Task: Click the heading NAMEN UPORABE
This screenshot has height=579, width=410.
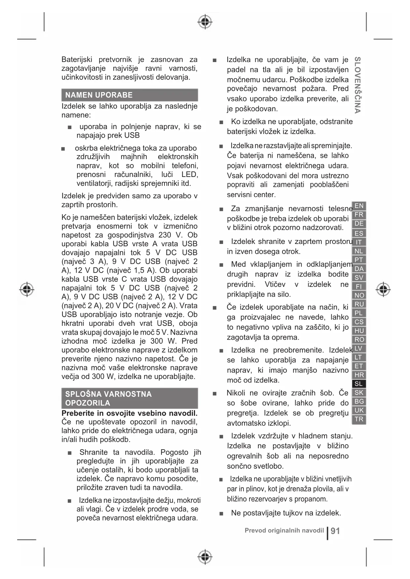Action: [x=99, y=95]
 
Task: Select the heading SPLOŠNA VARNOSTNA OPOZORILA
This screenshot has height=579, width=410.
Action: [x=108, y=398]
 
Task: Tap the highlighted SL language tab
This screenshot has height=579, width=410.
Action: [x=359, y=384]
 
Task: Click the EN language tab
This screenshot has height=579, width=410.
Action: [x=359, y=206]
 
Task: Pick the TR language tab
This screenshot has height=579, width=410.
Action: [x=359, y=419]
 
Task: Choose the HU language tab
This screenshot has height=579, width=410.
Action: [x=359, y=331]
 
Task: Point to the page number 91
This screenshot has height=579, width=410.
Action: [x=335, y=531]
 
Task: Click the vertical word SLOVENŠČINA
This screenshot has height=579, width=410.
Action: [x=357, y=85]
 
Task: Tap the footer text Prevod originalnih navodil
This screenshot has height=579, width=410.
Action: [x=284, y=530]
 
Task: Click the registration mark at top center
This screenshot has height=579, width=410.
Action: [x=205, y=22]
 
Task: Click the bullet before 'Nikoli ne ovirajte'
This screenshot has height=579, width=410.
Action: [x=215, y=393]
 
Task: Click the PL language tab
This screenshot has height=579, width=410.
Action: [x=359, y=313]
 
